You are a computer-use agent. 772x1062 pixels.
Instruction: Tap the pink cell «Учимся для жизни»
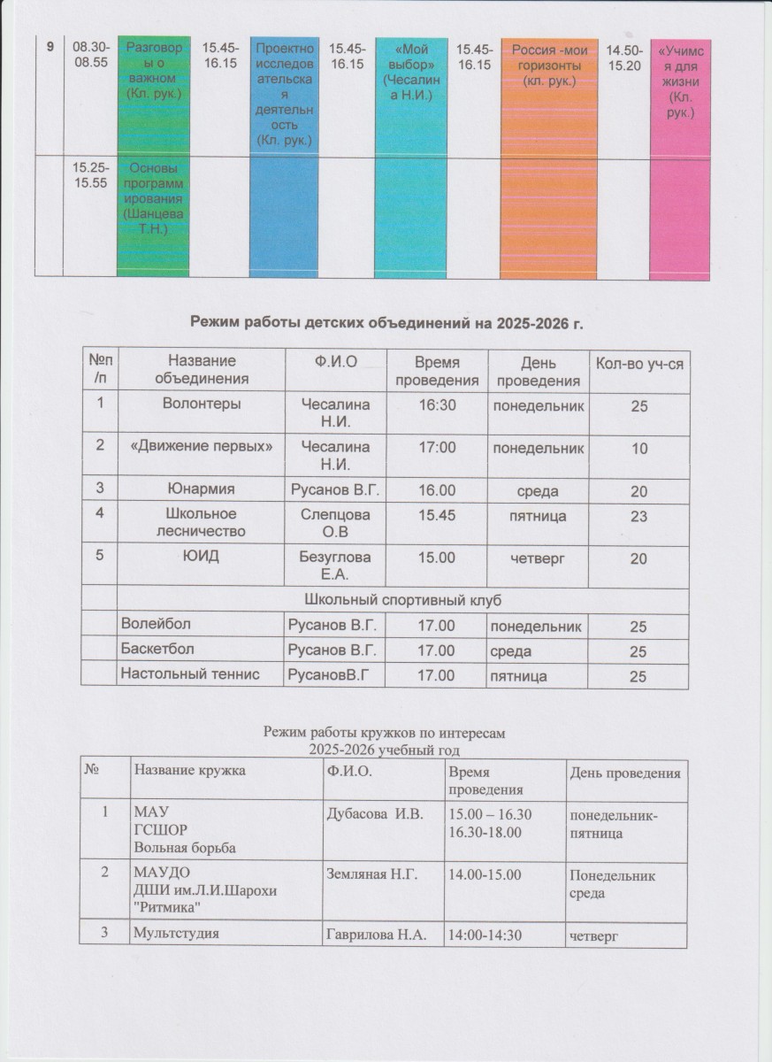pos(680,83)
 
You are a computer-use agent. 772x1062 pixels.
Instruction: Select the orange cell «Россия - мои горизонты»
pos(549,66)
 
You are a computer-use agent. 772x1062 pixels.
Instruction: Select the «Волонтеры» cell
pos(201,404)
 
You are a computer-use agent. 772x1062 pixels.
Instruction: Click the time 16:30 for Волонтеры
pos(435,404)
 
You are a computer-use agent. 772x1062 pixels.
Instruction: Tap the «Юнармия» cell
pos(201,488)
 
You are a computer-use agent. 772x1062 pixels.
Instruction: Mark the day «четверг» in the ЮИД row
pos(537,558)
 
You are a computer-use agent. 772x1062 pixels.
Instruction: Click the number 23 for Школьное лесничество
pos(638,516)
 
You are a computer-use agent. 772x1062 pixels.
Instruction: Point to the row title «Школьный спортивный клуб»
pos(401,600)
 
